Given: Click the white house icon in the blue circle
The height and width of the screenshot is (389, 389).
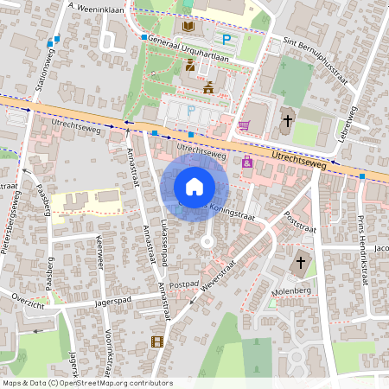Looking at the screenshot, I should pos(194,186).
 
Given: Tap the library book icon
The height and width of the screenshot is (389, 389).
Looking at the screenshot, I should pos(188,27).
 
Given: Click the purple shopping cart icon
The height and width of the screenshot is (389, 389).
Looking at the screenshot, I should pos(244,125).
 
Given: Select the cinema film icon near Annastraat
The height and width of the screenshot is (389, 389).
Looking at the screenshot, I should pos(156,341).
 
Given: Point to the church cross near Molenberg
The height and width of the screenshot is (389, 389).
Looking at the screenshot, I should pos(301,262).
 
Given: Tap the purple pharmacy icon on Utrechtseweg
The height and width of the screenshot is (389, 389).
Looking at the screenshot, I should pos(248,161).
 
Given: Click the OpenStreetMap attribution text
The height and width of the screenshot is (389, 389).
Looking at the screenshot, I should pos(87,382).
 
